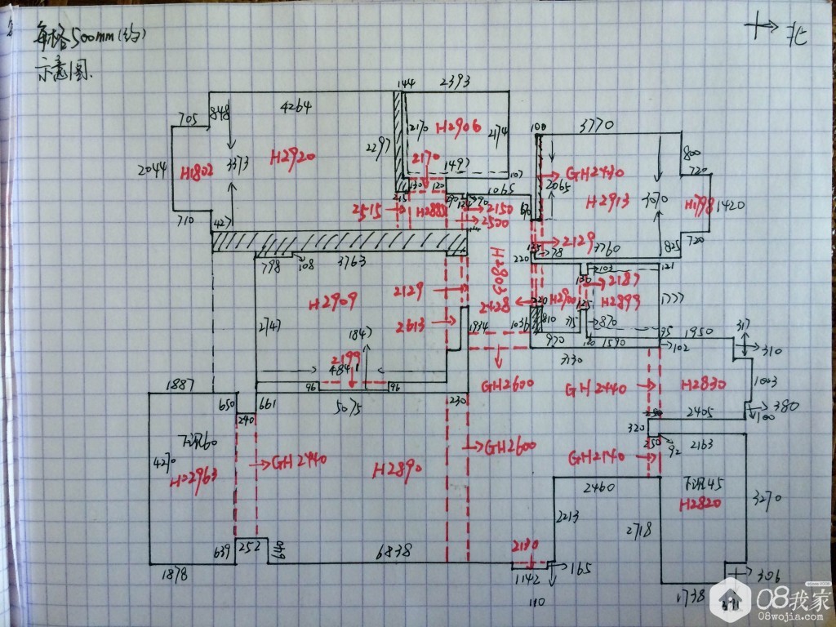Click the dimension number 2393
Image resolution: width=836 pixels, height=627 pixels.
click(458, 82)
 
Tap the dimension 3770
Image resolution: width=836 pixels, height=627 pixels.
click(597, 126)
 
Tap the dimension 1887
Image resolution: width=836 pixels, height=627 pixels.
click(180, 385)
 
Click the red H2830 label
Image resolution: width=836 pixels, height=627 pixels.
click(703, 384)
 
